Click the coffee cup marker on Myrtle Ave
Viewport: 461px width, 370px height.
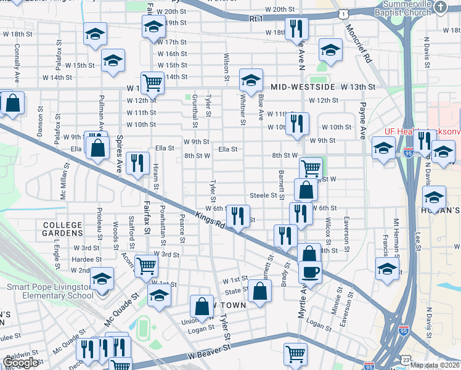[x=310, y=271]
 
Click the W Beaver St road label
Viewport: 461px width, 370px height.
[x=209, y=352]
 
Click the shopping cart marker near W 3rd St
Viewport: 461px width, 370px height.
[x=146, y=265]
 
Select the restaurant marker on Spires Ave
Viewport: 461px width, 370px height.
[x=136, y=163]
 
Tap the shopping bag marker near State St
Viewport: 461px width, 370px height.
[x=260, y=290]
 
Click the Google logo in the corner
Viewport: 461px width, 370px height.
[x=21, y=363]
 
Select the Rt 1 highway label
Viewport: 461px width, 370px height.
[x=256, y=19]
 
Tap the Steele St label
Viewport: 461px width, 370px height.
[x=263, y=195]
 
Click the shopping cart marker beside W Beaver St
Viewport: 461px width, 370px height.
[x=295, y=354]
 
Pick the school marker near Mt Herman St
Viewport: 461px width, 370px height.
[x=387, y=269]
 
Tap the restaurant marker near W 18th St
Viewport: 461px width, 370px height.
[x=298, y=28]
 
